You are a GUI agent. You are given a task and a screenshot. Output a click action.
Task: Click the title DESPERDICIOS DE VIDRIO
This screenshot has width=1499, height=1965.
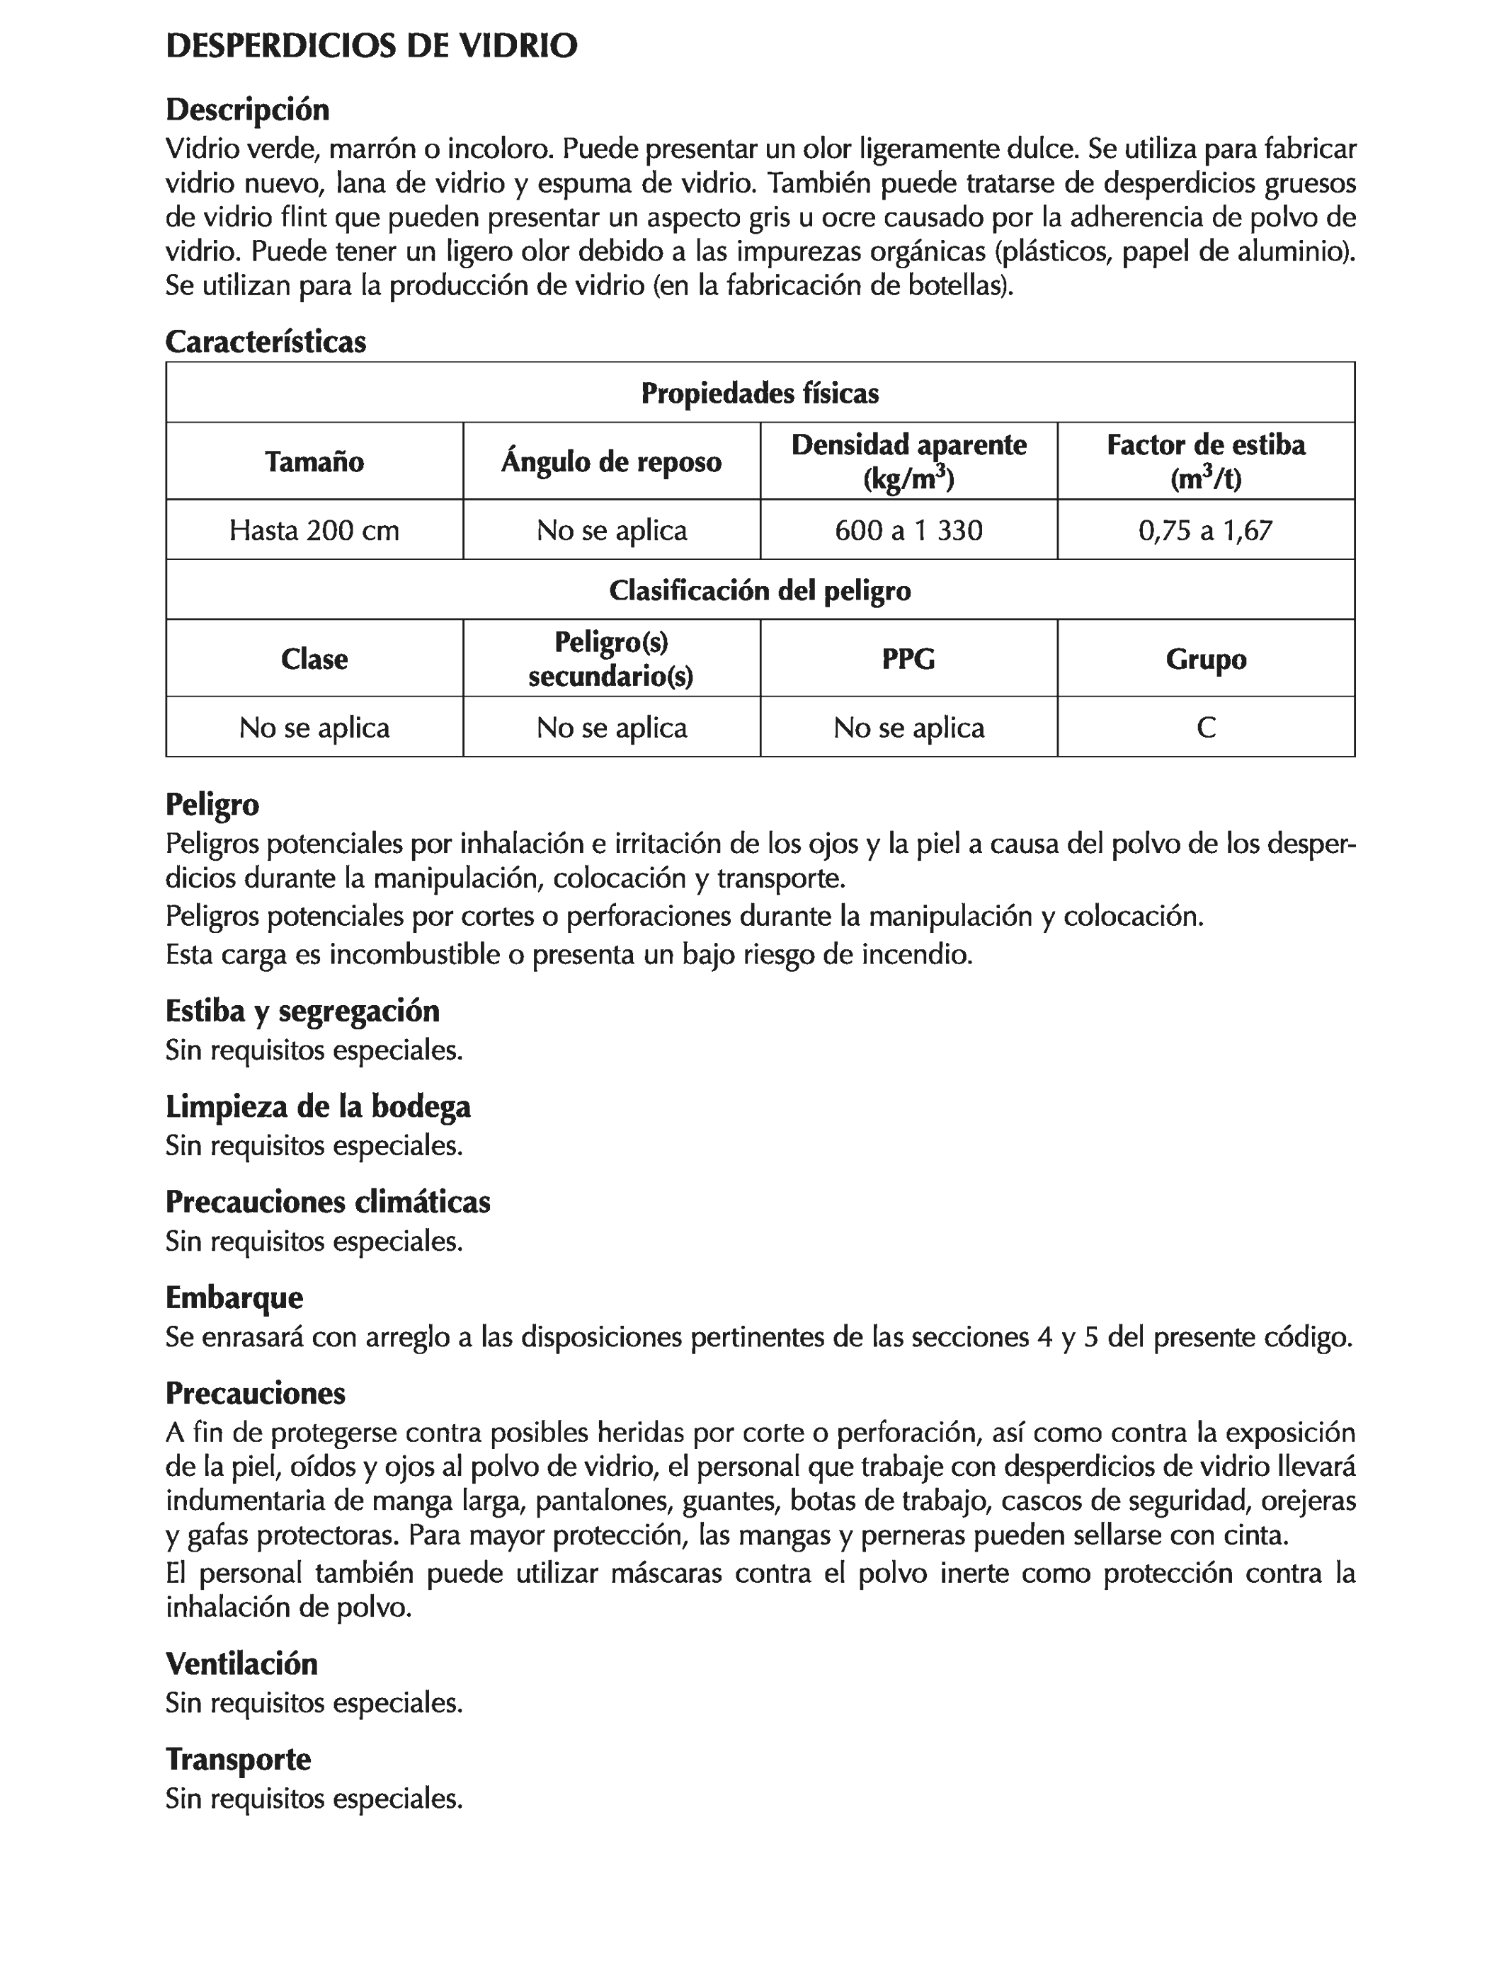371,47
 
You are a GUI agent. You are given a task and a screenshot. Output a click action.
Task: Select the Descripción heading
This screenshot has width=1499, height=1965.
247,110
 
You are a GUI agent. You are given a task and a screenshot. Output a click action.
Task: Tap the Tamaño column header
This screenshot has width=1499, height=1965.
314,462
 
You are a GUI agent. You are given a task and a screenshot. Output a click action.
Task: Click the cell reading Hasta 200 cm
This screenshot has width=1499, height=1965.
314,531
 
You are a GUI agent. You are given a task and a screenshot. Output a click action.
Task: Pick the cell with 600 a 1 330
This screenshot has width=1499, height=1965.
908,531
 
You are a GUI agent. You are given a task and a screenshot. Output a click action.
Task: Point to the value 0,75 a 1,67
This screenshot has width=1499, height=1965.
1205,531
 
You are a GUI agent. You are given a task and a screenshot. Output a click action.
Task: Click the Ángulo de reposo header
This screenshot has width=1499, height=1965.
611,462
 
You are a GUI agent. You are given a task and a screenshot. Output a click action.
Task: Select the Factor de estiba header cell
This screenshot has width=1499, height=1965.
1205,461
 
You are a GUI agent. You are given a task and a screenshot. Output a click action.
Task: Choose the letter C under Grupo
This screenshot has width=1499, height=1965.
1205,728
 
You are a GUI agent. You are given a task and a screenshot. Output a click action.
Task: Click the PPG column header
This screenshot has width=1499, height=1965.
908,659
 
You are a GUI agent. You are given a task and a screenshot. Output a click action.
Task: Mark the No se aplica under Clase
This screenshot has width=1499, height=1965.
314,728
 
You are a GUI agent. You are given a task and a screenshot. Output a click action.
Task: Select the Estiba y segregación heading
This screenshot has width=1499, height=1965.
302,1012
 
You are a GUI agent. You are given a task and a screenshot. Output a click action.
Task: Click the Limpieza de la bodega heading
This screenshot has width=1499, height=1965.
318,1107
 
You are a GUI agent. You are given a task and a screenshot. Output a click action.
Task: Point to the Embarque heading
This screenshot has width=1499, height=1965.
234,1297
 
